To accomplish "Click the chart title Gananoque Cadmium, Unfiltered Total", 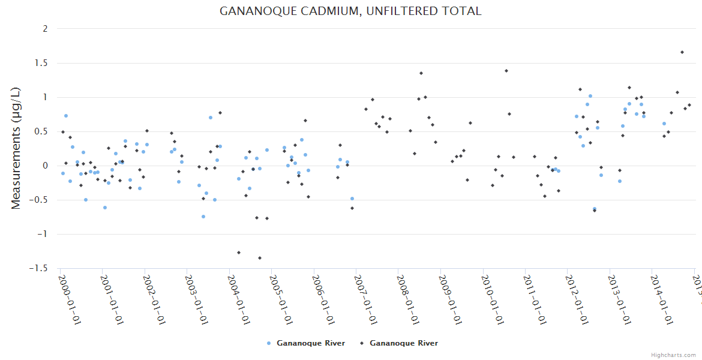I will click(350, 11).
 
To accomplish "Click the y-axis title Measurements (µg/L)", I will click(16, 148).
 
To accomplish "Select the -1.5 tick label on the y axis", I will click(38, 268).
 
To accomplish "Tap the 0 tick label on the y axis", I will click(45, 166).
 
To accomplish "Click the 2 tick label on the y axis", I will click(45, 29).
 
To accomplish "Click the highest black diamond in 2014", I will click(682, 52).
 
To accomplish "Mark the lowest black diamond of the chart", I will click(260, 258).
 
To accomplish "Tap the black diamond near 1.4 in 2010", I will click(506, 71).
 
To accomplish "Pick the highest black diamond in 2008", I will click(421, 73).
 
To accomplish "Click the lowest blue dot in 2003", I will click(203, 217).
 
